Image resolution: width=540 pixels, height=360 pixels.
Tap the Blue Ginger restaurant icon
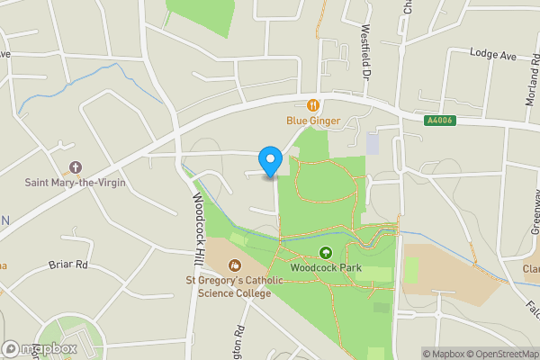[314, 105]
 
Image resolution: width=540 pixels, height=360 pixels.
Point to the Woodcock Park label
[325, 267]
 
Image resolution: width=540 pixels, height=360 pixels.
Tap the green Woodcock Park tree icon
[325, 253]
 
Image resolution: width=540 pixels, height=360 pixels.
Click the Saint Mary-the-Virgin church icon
[75, 168]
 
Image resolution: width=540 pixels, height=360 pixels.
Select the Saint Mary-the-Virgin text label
[75, 183]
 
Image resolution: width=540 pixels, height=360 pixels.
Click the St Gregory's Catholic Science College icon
[235, 265]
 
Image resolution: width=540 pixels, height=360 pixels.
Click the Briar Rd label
[68, 265]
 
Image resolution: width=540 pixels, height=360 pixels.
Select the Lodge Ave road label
[493, 56]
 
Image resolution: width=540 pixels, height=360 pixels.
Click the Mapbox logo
[40, 348]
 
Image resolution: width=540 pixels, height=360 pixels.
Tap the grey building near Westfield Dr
[373, 143]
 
